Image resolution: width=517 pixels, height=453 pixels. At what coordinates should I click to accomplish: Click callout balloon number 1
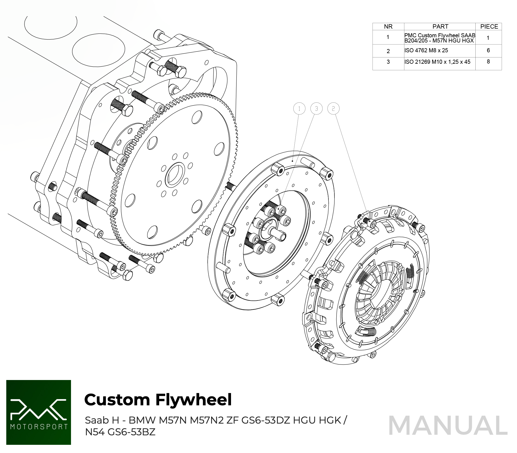(299, 109)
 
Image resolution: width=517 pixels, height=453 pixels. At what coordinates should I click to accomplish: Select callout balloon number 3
(316, 109)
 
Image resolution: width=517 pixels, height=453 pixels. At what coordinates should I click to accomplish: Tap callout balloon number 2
(333, 109)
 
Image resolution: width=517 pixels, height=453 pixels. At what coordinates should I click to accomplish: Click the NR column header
(388, 26)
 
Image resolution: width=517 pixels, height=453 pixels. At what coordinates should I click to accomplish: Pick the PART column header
(440, 26)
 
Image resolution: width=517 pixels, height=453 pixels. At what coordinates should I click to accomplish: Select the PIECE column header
(489, 26)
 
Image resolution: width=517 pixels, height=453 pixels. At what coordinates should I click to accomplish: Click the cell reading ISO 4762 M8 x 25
(426, 50)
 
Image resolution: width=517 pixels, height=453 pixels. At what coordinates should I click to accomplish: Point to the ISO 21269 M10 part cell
(437, 62)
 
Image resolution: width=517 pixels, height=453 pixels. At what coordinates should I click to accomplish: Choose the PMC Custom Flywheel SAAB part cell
(440, 38)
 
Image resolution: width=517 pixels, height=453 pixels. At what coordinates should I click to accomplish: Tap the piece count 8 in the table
(488, 62)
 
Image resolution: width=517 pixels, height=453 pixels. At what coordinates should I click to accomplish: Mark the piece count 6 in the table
(488, 50)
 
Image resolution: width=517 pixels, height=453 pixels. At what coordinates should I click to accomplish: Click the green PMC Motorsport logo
(39, 412)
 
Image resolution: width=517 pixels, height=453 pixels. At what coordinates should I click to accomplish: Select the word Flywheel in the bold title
(193, 400)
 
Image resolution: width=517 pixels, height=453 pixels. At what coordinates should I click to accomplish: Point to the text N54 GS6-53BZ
(120, 432)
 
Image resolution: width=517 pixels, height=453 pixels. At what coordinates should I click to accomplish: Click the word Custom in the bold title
(117, 400)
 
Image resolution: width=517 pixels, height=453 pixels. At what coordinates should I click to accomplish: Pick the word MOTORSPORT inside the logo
(39, 426)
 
